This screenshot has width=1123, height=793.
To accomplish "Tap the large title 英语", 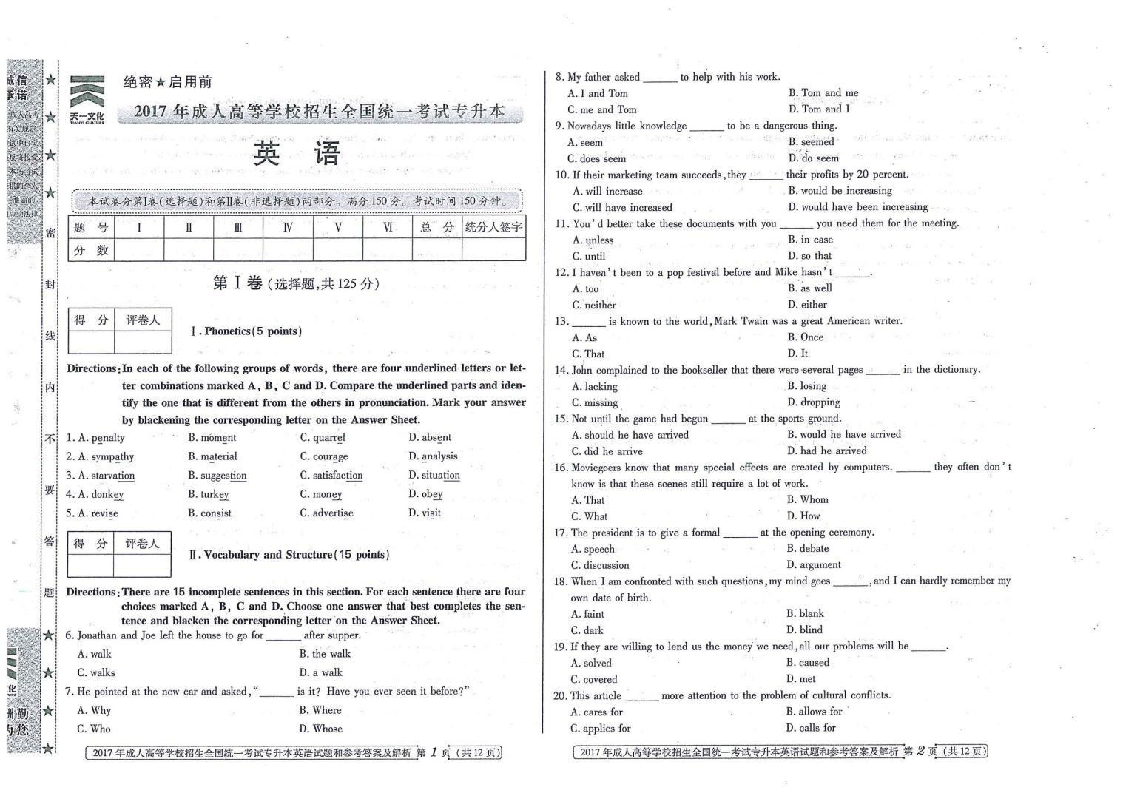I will tap(297, 153).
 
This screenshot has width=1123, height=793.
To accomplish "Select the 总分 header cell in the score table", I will tap(436, 227).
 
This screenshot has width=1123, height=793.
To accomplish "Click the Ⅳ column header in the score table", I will tap(288, 227).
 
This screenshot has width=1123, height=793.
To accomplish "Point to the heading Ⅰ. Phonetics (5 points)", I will tap(246, 331).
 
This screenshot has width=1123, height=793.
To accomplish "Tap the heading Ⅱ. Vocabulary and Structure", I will tap(289, 555).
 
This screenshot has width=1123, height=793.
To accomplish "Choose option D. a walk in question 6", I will tap(320, 672).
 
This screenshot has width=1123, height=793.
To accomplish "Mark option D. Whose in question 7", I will tap(320, 729).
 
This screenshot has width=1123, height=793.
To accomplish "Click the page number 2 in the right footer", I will tap(921, 752).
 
